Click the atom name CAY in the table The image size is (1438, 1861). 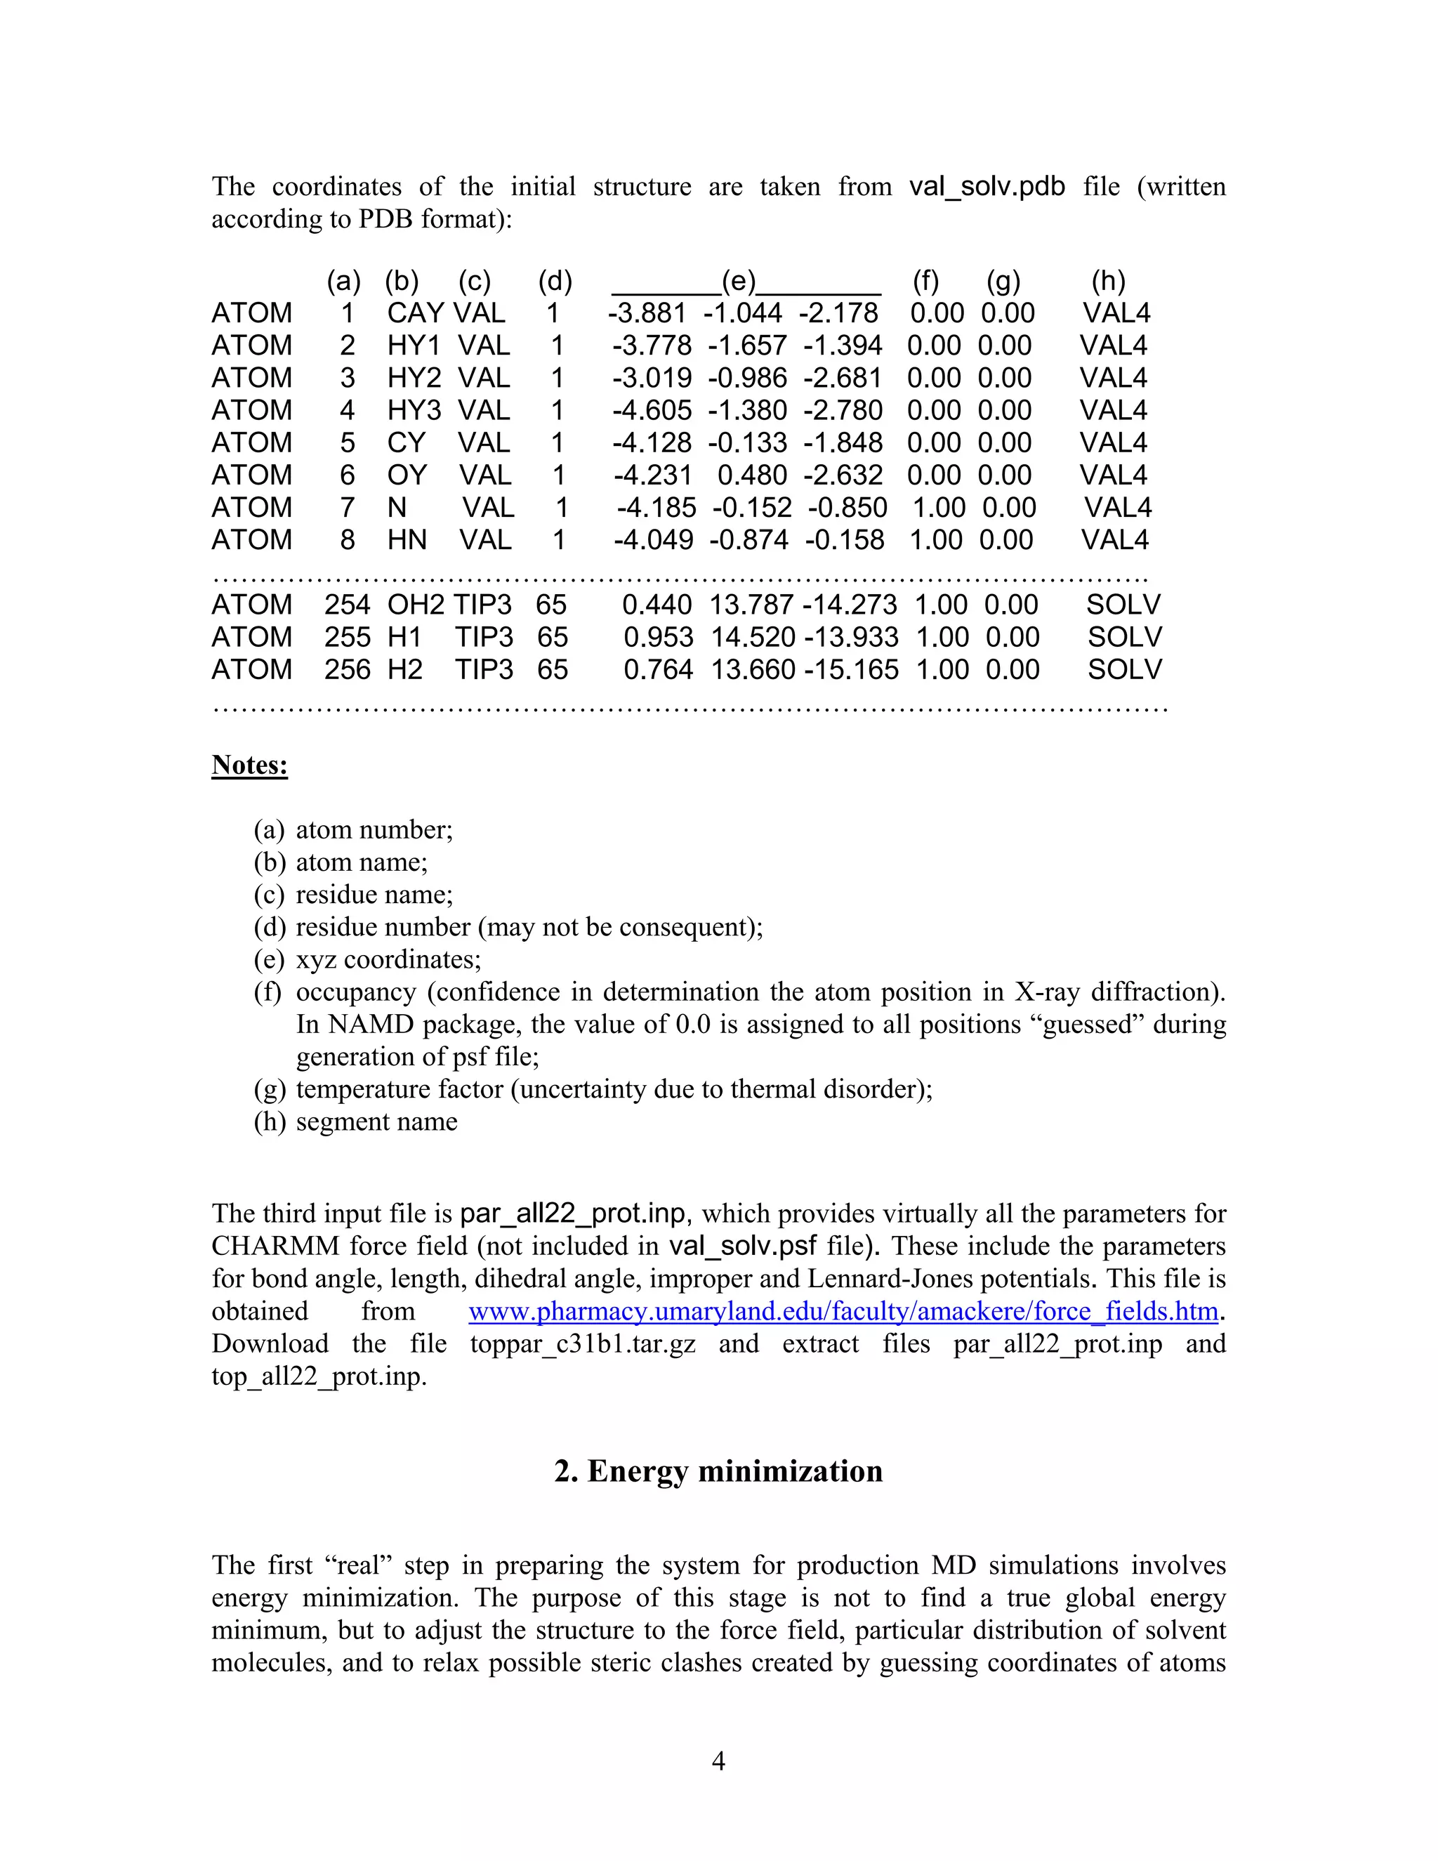[x=415, y=314]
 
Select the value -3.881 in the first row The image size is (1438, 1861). [x=647, y=314]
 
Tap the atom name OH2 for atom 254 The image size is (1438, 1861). [x=416, y=605]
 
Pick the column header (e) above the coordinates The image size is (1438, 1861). [x=739, y=281]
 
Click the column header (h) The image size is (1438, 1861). [x=1108, y=281]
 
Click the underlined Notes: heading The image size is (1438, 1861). [x=249, y=765]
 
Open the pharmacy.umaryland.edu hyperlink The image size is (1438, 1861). [x=843, y=1311]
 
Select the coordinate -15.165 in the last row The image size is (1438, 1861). [x=851, y=670]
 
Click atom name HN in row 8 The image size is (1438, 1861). [x=407, y=540]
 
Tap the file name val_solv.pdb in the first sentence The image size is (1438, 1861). [x=987, y=187]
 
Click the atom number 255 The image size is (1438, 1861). [x=347, y=638]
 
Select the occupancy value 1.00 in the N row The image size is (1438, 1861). [x=939, y=508]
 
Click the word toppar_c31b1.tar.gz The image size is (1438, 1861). [x=583, y=1343]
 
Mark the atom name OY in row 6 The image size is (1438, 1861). [x=407, y=475]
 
